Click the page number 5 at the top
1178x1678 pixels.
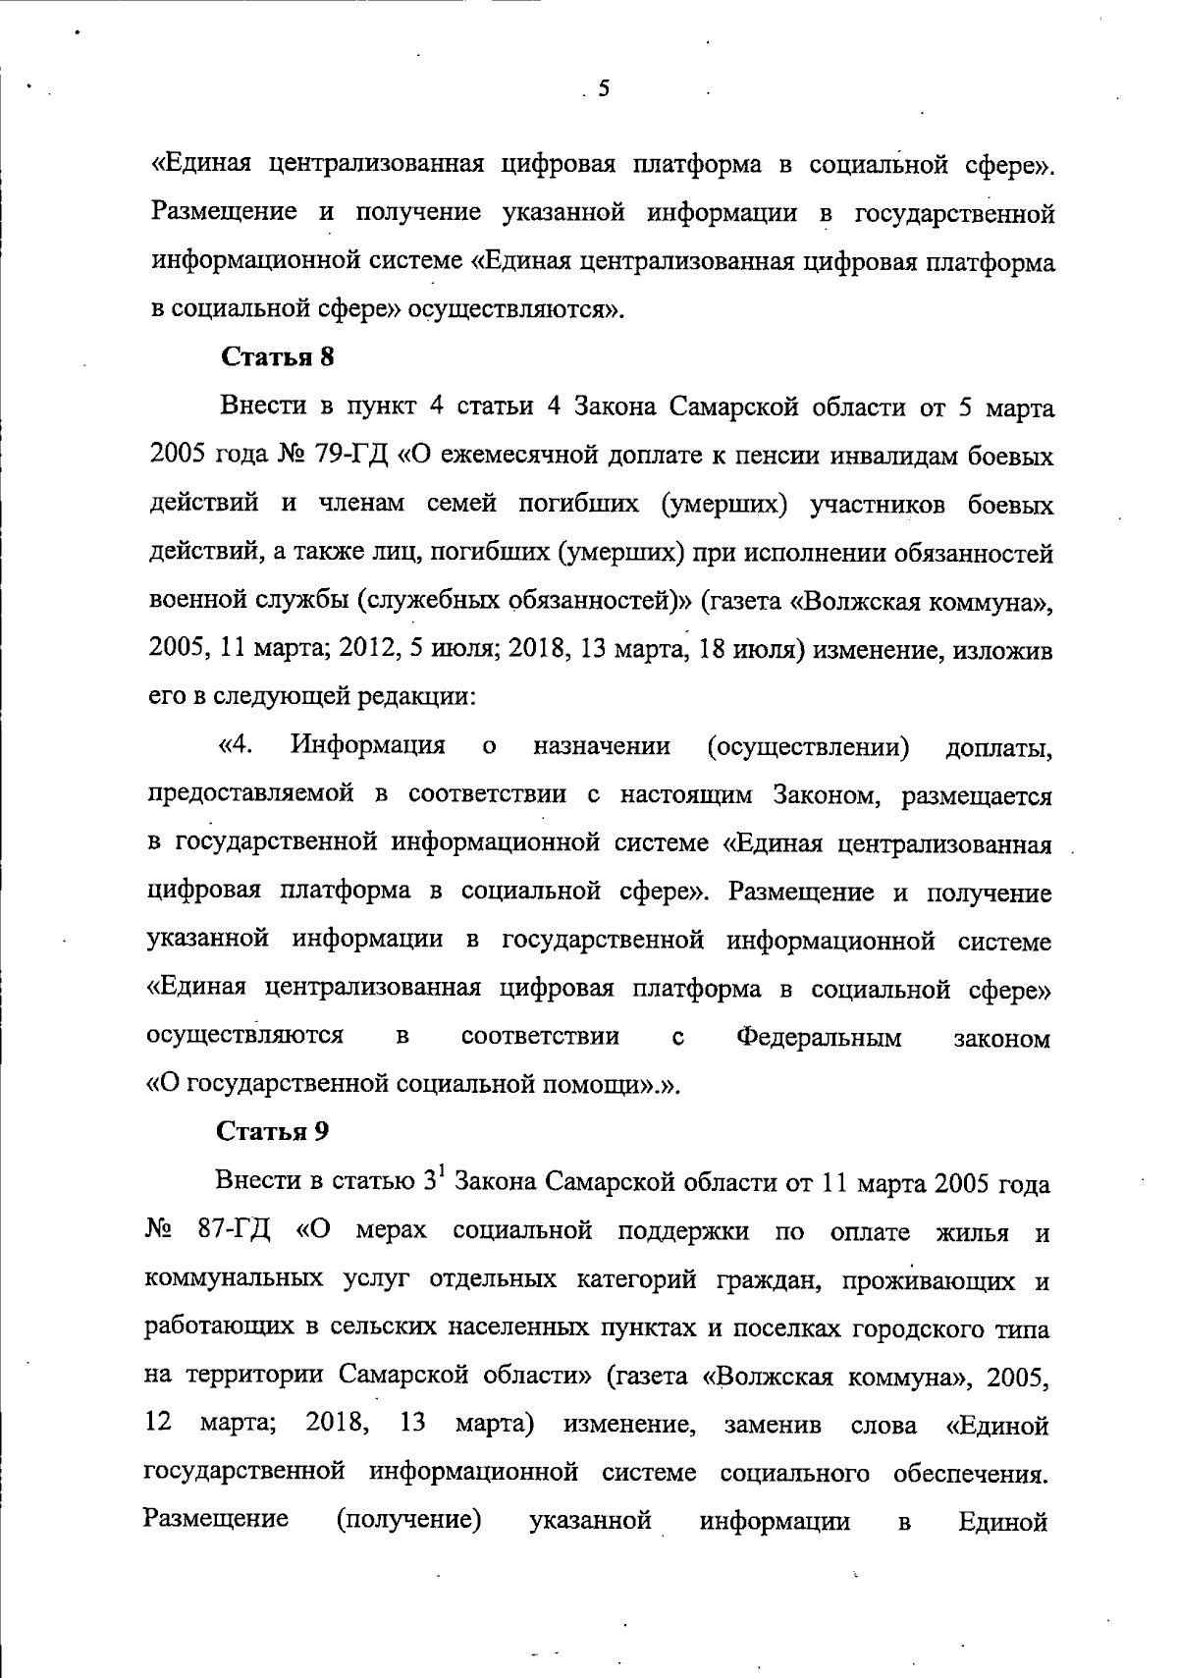point(604,89)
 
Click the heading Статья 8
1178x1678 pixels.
point(278,357)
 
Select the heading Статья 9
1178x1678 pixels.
point(273,1131)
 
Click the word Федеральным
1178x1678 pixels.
point(819,1037)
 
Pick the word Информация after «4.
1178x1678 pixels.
point(368,746)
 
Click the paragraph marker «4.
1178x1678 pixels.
point(237,746)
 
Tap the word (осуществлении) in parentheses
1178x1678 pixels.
point(807,747)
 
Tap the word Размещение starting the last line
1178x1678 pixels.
point(217,1520)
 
